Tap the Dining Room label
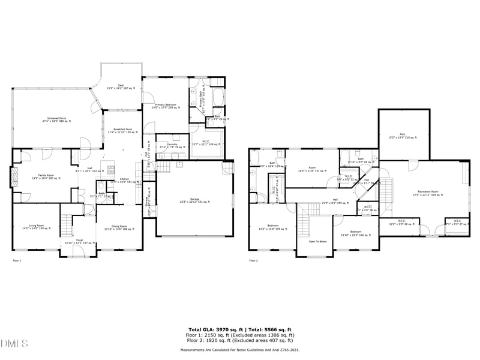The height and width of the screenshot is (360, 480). (x=119, y=227)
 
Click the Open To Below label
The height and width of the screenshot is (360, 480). (x=317, y=241)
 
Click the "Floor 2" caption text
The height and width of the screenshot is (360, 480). (x=253, y=260)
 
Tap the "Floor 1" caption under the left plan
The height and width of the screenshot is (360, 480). (x=17, y=260)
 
